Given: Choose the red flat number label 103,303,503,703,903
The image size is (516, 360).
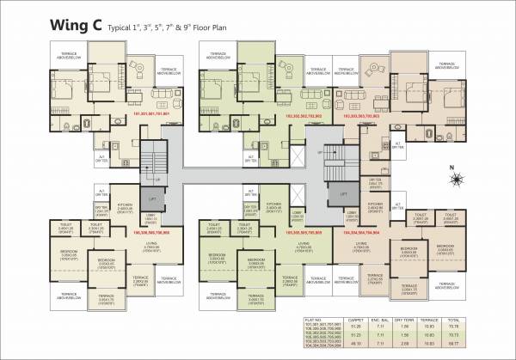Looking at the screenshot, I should point(360,115).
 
